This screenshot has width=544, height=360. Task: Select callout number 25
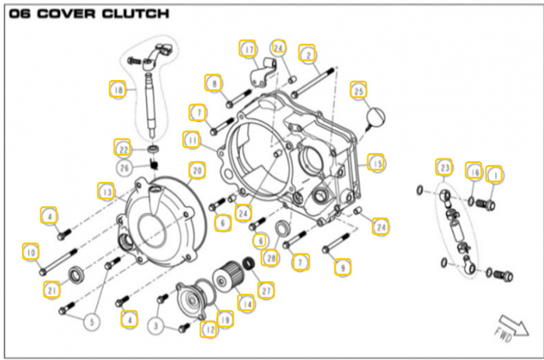pyautogui.click(x=358, y=91)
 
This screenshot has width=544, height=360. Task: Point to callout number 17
pyautogui.click(x=248, y=51)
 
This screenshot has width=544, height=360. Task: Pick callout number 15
pyautogui.click(x=377, y=163)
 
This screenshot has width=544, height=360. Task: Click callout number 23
pyautogui.click(x=445, y=167)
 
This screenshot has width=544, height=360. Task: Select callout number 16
pyautogui.click(x=473, y=171)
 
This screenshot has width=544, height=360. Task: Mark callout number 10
pyautogui.click(x=30, y=252)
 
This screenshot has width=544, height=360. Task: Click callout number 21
pyautogui.click(x=51, y=290)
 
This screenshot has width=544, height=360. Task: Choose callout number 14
pyautogui.click(x=246, y=303)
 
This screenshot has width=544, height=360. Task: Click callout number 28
pyautogui.click(x=270, y=257)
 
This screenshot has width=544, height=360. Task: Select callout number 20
pyautogui.click(x=196, y=170)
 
